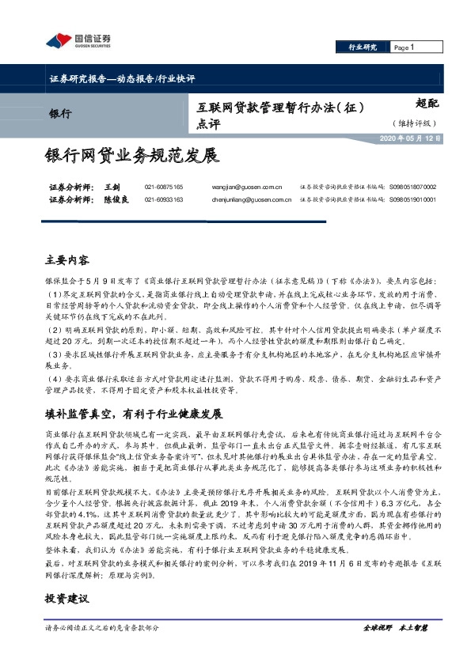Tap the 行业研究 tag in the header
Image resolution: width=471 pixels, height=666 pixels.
click(363, 47)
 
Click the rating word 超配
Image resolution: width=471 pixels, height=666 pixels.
click(427, 103)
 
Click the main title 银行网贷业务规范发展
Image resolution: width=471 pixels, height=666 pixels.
click(131, 154)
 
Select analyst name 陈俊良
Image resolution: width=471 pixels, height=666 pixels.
click(116, 199)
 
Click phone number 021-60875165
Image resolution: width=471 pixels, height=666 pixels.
click(164, 187)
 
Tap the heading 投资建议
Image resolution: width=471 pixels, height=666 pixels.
click(68, 601)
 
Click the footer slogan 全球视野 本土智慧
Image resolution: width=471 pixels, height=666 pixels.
click(394, 627)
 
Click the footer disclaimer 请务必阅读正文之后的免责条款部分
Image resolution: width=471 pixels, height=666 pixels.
click(103, 627)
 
